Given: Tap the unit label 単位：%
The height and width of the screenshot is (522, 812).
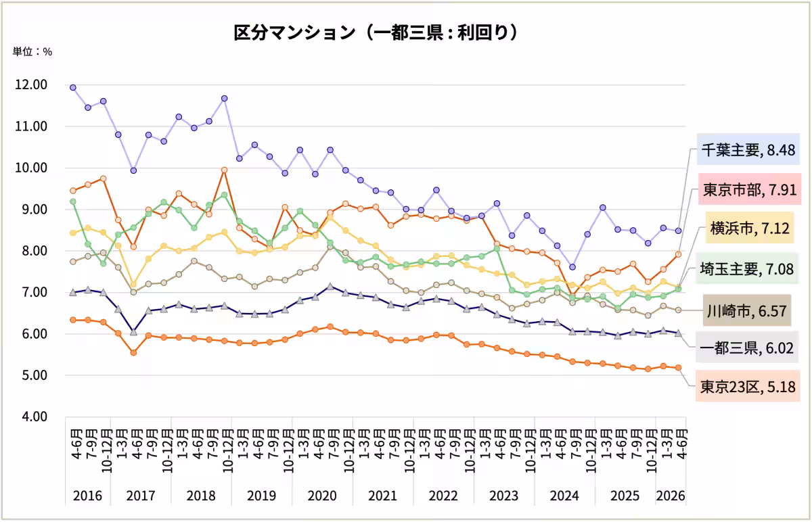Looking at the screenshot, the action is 32,52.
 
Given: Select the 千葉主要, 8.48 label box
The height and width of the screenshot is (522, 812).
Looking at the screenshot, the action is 748,149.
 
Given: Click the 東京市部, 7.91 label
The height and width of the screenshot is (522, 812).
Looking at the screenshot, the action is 750,189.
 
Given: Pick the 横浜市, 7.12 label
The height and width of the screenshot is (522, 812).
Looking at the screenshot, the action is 750,228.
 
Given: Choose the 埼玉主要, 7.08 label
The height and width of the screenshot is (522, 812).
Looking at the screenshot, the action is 747,268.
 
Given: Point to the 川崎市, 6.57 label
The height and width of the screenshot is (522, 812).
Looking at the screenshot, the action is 747,310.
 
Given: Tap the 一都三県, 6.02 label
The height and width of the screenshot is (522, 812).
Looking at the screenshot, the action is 747,348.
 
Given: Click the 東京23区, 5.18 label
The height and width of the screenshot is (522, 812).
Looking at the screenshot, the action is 748,386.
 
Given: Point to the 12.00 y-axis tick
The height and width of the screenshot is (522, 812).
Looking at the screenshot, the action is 31,85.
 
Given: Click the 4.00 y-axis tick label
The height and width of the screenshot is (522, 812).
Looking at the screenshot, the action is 35,417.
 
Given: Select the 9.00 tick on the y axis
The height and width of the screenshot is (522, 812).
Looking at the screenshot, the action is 35,210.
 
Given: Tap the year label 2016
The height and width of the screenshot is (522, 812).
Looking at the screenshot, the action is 87,495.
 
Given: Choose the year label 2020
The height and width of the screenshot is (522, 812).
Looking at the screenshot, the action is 322,495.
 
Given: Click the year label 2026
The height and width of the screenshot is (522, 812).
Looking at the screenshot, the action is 671,495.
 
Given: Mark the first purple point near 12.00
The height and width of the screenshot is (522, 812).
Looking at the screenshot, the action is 73,88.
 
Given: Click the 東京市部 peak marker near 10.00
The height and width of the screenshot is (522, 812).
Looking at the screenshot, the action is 225,170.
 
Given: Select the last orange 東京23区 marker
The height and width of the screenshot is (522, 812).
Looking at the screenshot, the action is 678,368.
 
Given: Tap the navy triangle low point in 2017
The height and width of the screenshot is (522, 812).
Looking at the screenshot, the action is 133,331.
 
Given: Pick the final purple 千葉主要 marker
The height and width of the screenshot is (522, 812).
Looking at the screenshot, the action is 678,231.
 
